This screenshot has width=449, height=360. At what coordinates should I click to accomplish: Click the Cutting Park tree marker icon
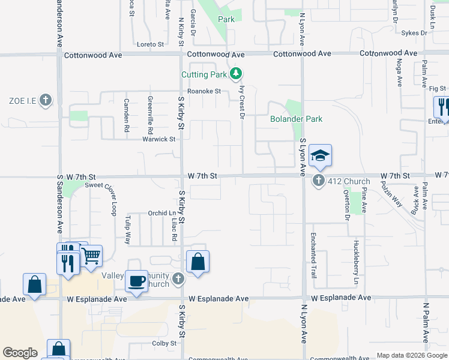point(237,74)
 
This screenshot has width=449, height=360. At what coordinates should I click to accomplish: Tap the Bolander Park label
point(296,119)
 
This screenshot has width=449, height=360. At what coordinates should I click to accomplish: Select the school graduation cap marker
point(320,155)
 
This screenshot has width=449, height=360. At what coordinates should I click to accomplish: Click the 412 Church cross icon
point(319,181)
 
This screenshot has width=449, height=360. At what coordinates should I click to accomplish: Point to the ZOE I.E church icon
point(46,101)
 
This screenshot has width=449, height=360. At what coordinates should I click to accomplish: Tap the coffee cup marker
point(137,281)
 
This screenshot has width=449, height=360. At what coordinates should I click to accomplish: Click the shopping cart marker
point(91,256)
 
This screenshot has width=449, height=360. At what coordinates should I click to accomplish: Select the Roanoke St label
point(204,91)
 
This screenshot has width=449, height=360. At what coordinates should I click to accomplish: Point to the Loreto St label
point(150,44)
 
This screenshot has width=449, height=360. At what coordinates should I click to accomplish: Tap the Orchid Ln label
point(161,213)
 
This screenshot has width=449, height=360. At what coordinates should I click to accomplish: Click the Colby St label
point(164,343)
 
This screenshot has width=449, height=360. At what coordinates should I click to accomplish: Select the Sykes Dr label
point(412,34)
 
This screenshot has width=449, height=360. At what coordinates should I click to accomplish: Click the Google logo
point(20,353)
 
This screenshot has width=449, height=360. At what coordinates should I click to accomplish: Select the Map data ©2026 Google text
point(411,355)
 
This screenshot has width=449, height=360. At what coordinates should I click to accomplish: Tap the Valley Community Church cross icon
point(178,278)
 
